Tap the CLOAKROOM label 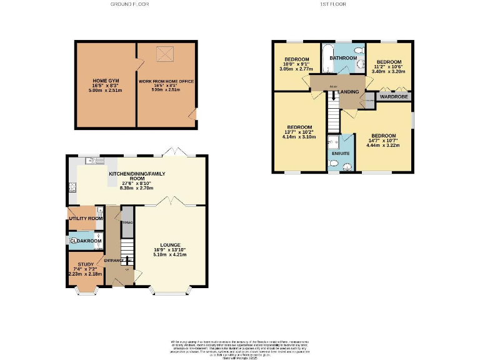click(85, 241)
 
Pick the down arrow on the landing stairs click(333, 96)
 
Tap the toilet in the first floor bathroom click(358, 50)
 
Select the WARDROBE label click(391, 97)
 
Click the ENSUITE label click(341, 152)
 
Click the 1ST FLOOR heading click(332, 4)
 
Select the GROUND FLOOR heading click(129, 4)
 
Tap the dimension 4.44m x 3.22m click(383, 146)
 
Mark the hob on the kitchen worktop click(72, 186)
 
